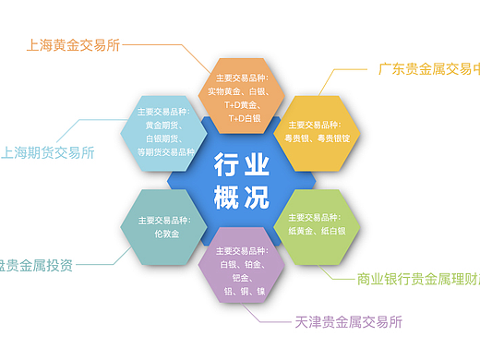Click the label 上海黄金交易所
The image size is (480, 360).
75,44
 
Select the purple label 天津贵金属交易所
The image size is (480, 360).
349,322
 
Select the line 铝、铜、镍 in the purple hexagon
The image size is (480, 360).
241,291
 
